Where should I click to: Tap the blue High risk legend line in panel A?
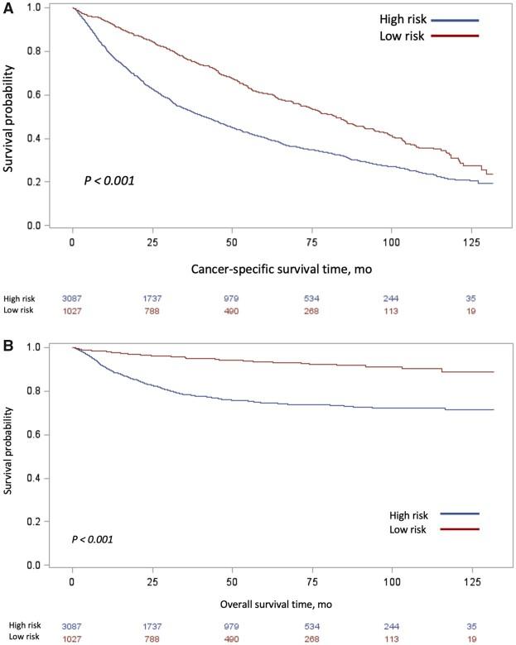[x=455, y=20]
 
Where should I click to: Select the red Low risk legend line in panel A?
[x=455, y=36]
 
